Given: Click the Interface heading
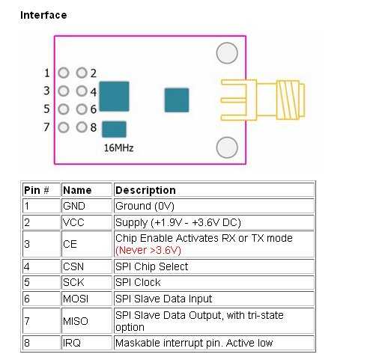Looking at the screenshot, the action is [43, 15].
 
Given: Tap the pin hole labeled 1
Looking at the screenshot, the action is [64, 73].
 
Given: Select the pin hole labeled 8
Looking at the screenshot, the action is [82, 127].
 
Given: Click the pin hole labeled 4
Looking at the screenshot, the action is [82, 91].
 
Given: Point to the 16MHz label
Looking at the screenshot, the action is [118, 148].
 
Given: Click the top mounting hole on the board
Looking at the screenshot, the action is [227, 53].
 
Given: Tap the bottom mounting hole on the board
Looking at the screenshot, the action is [227, 147].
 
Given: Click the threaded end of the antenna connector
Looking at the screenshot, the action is [291, 100].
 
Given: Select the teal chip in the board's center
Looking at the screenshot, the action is [177, 100].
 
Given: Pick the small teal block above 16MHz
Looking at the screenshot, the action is [114, 129].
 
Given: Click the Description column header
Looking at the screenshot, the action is [145, 190].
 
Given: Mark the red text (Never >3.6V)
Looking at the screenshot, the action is [148, 250].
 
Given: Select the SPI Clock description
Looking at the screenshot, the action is [138, 282].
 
